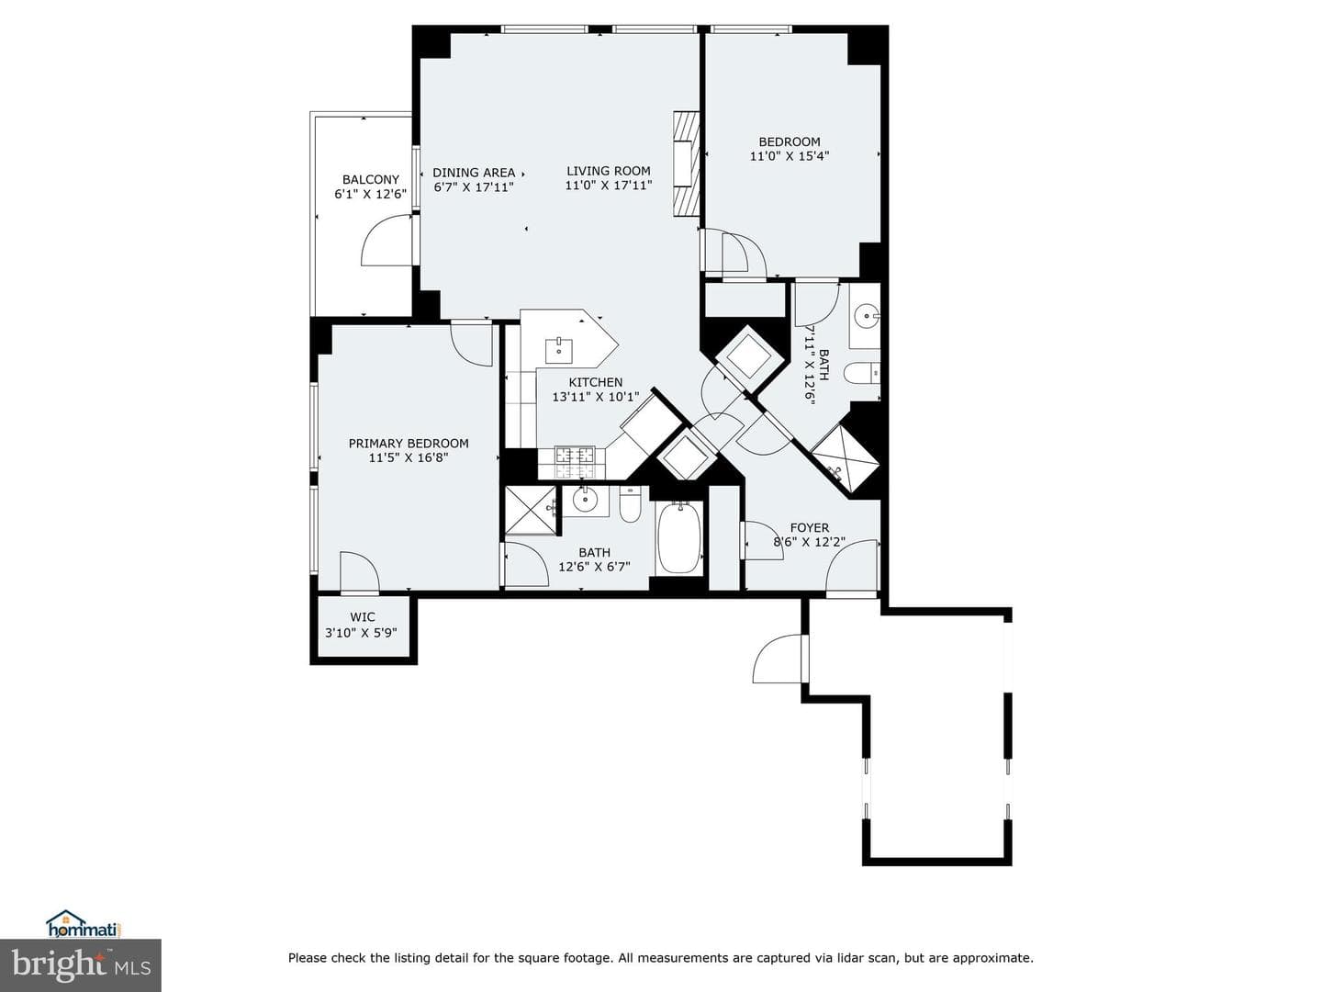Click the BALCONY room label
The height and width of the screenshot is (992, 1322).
coord(370,179)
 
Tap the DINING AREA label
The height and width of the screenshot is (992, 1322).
coord(474,173)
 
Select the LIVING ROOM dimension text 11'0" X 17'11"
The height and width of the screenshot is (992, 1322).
coord(609,186)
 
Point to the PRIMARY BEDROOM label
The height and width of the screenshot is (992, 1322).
coord(409,444)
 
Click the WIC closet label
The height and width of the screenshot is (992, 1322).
coord(363,617)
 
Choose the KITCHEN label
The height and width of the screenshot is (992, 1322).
coord(596,382)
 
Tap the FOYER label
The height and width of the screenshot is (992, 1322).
coord(810,528)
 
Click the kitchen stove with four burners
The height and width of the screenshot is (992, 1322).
coord(575,462)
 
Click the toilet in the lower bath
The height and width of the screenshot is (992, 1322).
coord(630,505)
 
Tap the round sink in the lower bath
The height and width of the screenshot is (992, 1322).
coord(584,499)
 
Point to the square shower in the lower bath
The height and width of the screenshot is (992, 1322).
coord(530,511)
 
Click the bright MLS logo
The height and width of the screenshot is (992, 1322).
coord(80,964)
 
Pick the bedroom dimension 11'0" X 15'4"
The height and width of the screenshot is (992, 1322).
coord(789,156)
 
